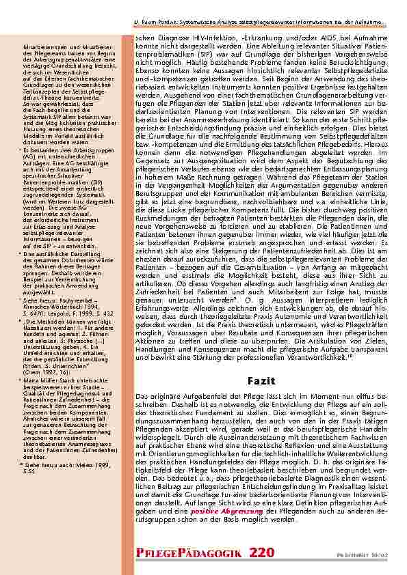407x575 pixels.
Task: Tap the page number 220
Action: (264, 551)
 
